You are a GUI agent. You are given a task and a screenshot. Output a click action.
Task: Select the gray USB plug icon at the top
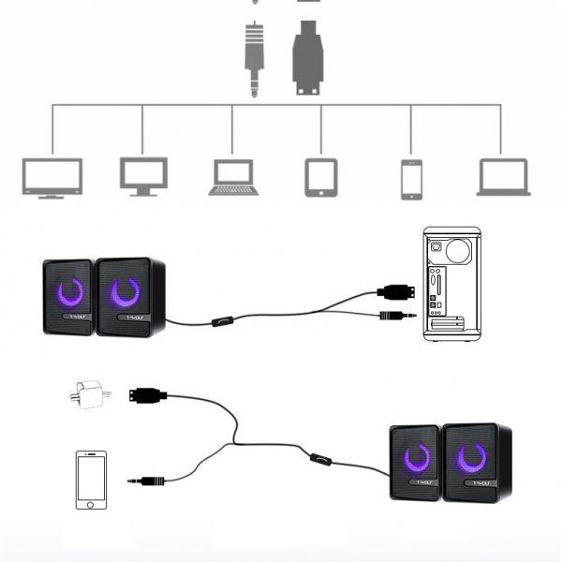pyautogui.click(x=307, y=58)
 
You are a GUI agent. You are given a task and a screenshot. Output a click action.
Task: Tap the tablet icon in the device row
pyautogui.click(x=320, y=177)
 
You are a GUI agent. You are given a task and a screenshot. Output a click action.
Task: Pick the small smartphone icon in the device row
pyautogui.click(x=411, y=179)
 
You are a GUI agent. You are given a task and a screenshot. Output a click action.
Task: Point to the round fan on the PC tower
pyautogui.click(x=458, y=250)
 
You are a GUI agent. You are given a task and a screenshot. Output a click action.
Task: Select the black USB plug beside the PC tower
pyautogui.click(x=395, y=290)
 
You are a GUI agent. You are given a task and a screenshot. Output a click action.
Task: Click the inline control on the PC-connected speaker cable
pyautogui.click(x=222, y=322)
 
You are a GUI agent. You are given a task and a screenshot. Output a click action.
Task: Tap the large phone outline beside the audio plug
pyautogui.click(x=91, y=481)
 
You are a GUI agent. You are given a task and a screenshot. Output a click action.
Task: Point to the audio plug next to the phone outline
pyautogui.click(x=147, y=481)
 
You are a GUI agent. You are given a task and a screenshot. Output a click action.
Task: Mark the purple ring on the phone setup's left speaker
pyautogui.click(x=417, y=458)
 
